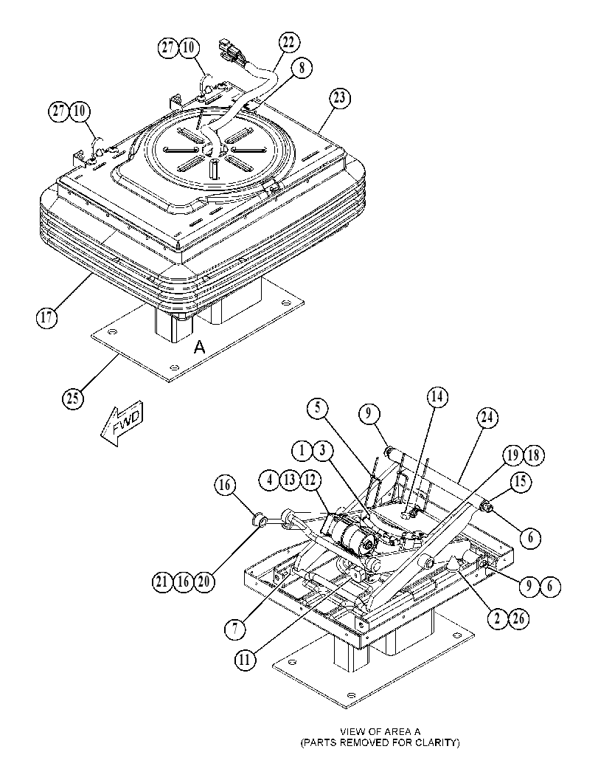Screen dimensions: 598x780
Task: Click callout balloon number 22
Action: tap(289, 42)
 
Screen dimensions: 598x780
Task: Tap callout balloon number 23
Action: tap(339, 98)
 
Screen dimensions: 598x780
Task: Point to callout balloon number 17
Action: tap(46, 317)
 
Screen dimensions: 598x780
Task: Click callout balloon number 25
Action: tap(73, 399)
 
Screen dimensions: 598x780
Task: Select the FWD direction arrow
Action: tap(122, 424)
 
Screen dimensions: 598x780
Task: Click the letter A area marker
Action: tap(199, 348)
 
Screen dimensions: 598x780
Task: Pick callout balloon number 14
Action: tap(437, 397)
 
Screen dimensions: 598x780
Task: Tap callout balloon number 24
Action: tap(487, 417)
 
